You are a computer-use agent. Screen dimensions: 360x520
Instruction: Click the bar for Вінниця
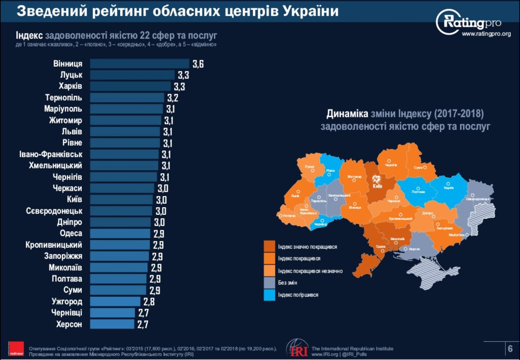pos(139,64)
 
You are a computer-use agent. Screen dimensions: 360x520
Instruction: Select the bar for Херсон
pos(112,324)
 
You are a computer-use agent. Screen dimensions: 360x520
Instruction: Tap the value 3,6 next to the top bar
pos(198,64)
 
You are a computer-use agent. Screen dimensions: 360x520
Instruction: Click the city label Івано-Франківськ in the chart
pos(51,154)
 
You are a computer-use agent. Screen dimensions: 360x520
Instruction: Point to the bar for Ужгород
pos(115,301)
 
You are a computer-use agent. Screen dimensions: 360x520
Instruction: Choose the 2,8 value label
pos(149,302)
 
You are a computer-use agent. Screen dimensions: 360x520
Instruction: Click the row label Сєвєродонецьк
pos(54,211)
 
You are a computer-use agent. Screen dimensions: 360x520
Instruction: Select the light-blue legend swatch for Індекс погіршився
pos(269,295)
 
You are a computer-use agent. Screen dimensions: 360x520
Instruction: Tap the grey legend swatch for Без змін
pos(269,283)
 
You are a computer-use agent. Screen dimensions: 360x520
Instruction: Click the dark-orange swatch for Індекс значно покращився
pos(269,247)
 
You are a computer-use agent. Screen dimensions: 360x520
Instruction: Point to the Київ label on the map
pos(377,186)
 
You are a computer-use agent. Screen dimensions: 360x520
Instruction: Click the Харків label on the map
pos(449,188)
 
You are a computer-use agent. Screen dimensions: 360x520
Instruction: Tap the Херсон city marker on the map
pos(405,249)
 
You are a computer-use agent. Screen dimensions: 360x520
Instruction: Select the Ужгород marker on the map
pos(280,216)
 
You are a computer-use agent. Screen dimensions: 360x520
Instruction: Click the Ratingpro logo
pos(469,22)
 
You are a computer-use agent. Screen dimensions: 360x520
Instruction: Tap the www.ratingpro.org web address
pos(486,34)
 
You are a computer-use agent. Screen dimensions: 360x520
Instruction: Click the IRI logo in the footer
pos(298,348)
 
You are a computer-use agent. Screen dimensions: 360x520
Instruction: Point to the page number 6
pos(510,348)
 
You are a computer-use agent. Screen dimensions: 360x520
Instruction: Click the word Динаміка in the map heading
pos(347,113)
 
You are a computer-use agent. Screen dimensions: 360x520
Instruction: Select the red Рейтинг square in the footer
pos(16,349)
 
